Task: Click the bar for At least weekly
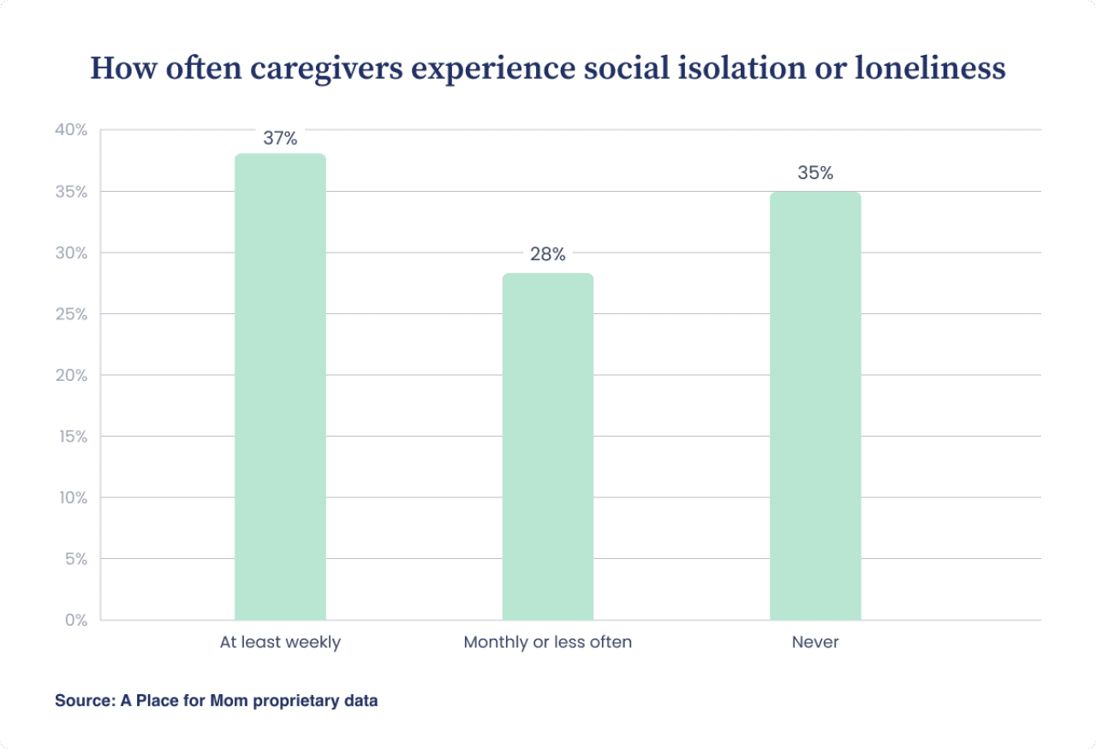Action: pyautogui.click(x=280, y=387)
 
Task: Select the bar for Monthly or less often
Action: pyautogui.click(x=547, y=447)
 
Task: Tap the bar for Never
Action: pyautogui.click(x=815, y=406)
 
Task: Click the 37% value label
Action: pyautogui.click(x=280, y=139)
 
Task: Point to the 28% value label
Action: pyautogui.click(x=547, y=254)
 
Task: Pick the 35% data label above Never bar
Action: pyautogui.click(x=815, y=173)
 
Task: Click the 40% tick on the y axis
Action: pyautogui.click(x=71, y=130)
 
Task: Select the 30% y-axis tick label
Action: pyautogui.click(x=71, y=253)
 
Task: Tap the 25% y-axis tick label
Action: pyautogui.click(x=71, y=314)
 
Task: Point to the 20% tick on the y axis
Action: pyautogui.click(x=71, y=375)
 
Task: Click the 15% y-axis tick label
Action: pyautogui.click(x=71, y=437)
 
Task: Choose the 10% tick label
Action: pyautogui.click(x=71, y=497)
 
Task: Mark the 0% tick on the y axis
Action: pyautogui.click(x=75, y=620)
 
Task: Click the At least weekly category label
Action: pyautogui.click(x=280, y=642)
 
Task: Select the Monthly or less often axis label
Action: pyautogui.click(x=547, y=642)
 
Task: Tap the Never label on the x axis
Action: pyautogui.click(x=815, y=642)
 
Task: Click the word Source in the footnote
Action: pyautogui.click(x=80, y=700)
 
